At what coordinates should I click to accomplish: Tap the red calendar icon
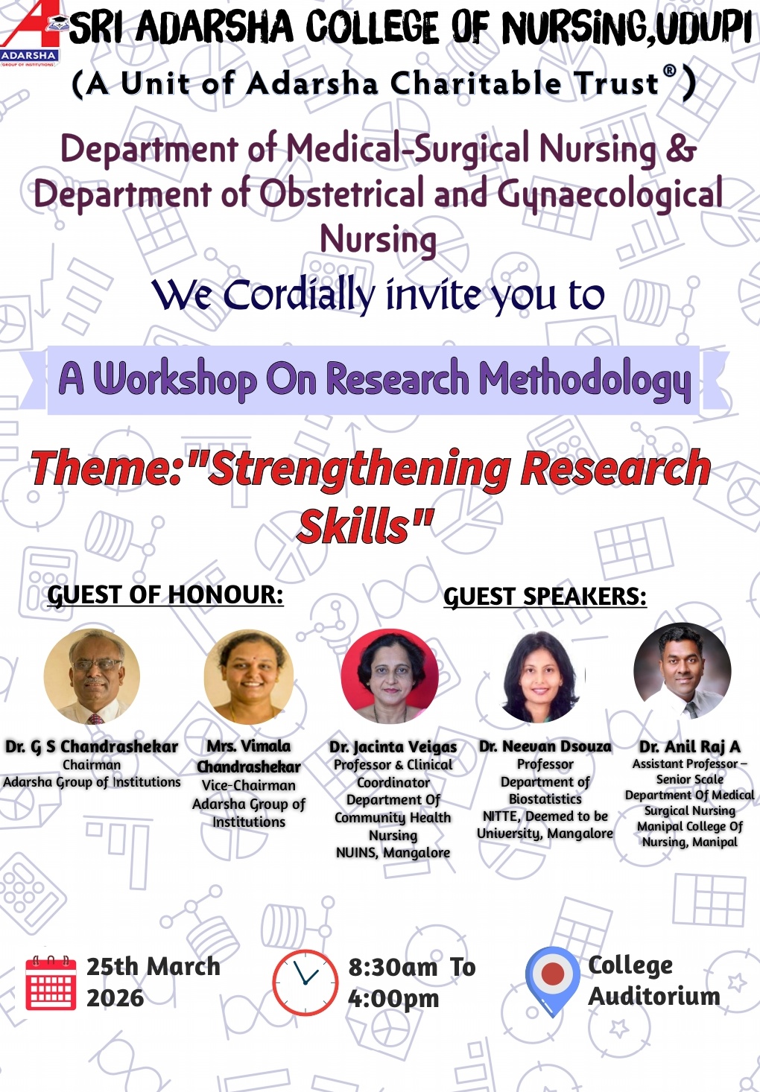click(x=51, y=983)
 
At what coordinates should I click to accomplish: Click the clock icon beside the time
click(x=305, y=982)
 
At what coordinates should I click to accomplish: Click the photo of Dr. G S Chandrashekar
click(x=92, y=676)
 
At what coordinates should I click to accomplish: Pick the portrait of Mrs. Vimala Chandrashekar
click(x=249, y=676)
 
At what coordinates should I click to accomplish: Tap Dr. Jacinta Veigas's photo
click(x=390, y=676)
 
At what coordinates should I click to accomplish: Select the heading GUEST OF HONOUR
click(x=165, y=595)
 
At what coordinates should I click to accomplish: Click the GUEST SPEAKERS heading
click(x=545, y=597)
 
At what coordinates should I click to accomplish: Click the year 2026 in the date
click(x=115, y=998)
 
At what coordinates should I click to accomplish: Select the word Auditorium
click(x=654, y=997)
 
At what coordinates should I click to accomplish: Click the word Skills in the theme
click(x=355, y=527)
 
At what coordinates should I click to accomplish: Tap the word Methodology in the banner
click(x=585, y=379)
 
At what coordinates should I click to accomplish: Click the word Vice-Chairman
click(x=249, y=785)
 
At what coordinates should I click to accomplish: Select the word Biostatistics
click(x=545, y=799)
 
